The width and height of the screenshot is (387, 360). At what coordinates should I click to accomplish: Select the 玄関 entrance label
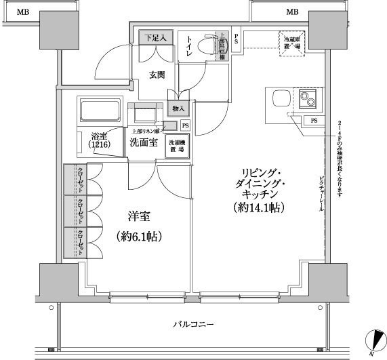pos(157,75)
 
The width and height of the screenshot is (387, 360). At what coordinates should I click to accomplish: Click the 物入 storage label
pos(179,108)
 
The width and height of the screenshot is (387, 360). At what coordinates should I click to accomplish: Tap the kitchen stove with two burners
pos(307,100)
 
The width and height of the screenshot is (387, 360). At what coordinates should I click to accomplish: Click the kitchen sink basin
pos(280,101)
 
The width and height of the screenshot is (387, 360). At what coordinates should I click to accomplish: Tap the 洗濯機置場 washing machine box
pos(177,146)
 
